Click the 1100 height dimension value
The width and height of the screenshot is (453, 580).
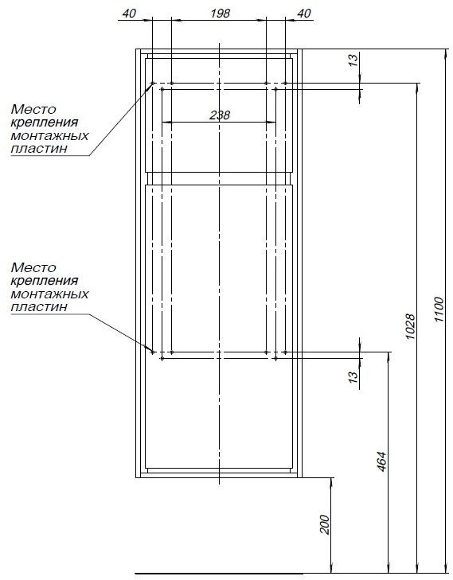(439, 309)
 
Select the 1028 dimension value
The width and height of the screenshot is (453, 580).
(411, 327)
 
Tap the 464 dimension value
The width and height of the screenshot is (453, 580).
(381, 461)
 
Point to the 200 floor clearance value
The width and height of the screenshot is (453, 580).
(324, 524)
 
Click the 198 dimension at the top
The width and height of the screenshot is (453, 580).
(221, 14)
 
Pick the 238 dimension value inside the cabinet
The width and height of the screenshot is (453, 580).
(220, 115)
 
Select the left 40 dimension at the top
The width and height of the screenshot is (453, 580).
(129, 14)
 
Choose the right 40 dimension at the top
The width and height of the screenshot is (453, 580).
(304, 14)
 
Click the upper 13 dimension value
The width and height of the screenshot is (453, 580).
(353, 60)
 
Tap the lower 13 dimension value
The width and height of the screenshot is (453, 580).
(353, 376)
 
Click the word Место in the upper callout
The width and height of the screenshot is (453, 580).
(33, 109)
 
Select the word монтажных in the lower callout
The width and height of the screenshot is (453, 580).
(49, 294)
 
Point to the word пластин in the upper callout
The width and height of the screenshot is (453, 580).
(40, 149)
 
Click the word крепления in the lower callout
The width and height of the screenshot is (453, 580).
(45, 280)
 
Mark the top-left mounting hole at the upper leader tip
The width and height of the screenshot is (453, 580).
(153, 84)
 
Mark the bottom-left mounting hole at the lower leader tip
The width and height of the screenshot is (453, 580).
(153, 352)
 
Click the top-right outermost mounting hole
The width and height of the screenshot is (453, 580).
(285, 84)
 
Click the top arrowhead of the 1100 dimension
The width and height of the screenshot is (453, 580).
(446, 54)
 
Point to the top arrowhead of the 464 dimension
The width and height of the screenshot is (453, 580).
(389, 357)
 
